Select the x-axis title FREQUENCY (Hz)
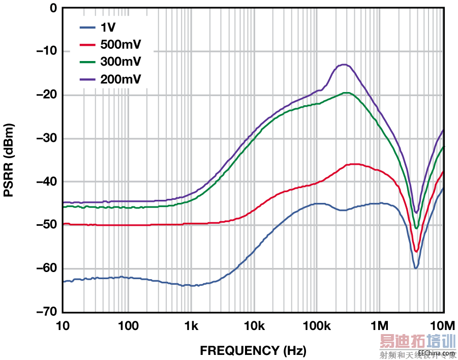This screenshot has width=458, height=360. tap(253, 350)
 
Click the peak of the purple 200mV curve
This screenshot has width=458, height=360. tap(344, 65)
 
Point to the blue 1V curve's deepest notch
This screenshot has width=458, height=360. tap(416, 268)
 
